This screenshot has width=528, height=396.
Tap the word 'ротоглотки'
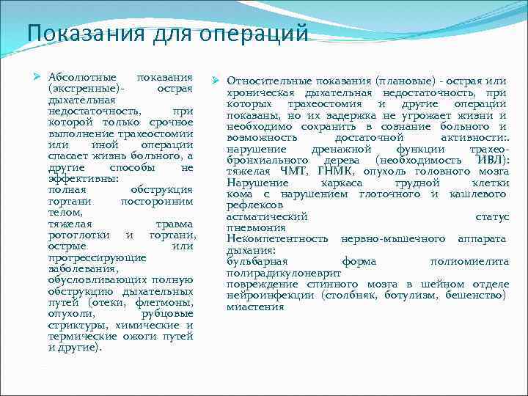pos(79,235)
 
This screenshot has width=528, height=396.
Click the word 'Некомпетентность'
pos(277,239)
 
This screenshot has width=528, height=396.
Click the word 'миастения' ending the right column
pos(254,307)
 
